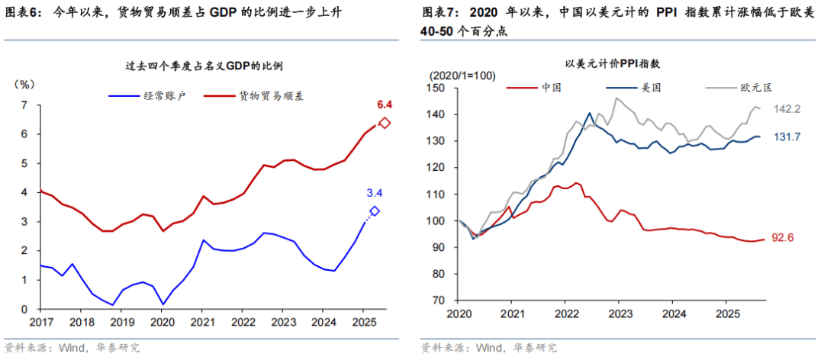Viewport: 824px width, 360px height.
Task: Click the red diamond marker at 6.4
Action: tap(385, 123)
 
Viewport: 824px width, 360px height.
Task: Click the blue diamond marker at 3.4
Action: tap(374, 211)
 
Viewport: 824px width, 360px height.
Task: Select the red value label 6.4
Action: tap(385, 104)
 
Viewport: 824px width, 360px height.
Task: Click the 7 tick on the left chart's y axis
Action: tap(24, 105)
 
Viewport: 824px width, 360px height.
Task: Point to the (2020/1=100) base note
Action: tap(462, 76)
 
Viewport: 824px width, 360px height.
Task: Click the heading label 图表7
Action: tap(440, 13)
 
